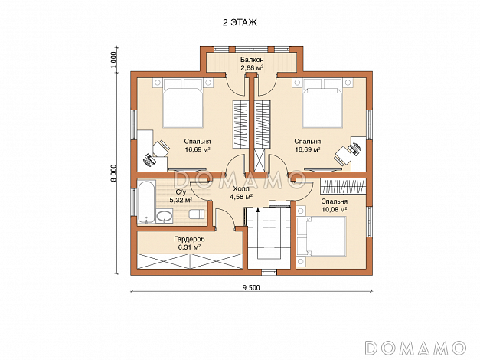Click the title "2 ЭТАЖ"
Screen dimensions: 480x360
click(240, 23)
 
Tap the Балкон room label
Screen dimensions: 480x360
click(252, 60)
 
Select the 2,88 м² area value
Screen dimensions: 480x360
click(252, 67)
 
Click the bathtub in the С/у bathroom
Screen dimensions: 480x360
click(146, 202)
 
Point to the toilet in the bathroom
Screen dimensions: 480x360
click(197, 214)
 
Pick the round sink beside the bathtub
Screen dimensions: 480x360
click(165, 217)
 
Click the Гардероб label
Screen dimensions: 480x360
click(190, 239)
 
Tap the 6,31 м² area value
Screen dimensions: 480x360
click(190, 247)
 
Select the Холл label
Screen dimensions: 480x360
click(241, 188)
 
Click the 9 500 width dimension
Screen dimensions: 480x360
click(251, 287)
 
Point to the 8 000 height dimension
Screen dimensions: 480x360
click(113, 173)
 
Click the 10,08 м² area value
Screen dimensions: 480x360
click(335, 210)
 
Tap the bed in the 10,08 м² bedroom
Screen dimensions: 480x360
click(322, 236)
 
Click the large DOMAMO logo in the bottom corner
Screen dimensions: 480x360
click(416, 348)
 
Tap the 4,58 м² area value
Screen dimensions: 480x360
click(241, 197)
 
